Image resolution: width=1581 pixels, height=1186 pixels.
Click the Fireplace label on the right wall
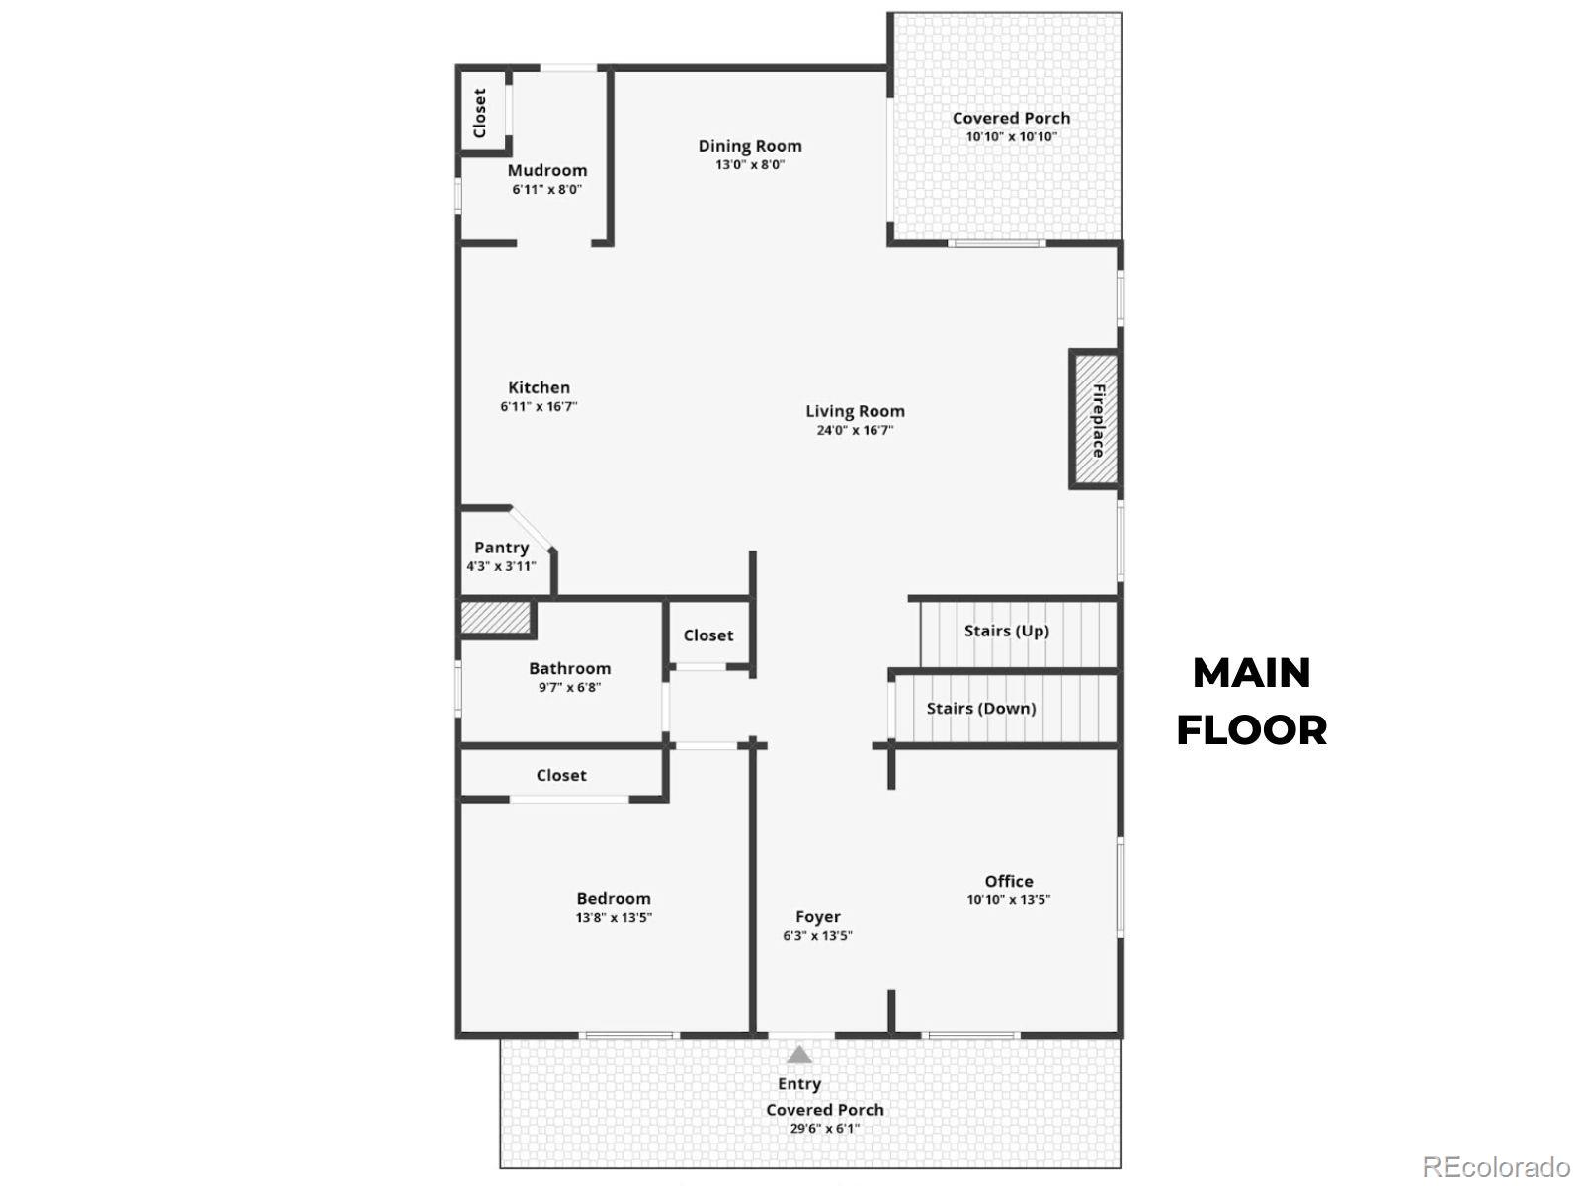point(1098,421)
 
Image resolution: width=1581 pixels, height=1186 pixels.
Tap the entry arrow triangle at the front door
point(798,1056)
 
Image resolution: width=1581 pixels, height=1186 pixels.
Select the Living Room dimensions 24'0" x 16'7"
point(855,430)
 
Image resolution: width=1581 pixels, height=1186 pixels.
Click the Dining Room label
point(750,146)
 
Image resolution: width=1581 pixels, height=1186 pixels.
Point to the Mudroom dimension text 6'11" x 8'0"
point(546,190)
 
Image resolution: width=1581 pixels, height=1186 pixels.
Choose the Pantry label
point(501,548)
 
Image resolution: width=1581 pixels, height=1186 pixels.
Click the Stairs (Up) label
point(1006,631)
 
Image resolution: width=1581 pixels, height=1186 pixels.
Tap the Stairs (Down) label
point(981,708)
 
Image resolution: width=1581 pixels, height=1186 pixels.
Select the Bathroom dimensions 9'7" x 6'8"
point(569,687)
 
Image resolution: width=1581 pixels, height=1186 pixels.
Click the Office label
point(1009,881)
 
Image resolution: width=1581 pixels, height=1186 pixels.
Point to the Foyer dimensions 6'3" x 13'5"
point(817,935)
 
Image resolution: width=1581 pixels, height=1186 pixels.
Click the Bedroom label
point(614,898)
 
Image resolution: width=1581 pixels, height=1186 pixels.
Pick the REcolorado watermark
point(1497,1166)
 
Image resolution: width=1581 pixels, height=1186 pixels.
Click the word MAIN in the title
point(1252,673)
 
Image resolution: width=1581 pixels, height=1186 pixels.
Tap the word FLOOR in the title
point(1252,730)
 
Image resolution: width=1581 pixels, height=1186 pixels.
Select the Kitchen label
point(539,387)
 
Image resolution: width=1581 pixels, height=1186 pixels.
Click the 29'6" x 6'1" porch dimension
point(825,1129)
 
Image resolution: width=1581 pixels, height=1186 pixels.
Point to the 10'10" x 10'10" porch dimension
point(1011,136)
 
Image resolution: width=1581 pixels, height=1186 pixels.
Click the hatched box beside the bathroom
point(496,617)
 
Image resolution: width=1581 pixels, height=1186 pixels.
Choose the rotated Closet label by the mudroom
point(479,113)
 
